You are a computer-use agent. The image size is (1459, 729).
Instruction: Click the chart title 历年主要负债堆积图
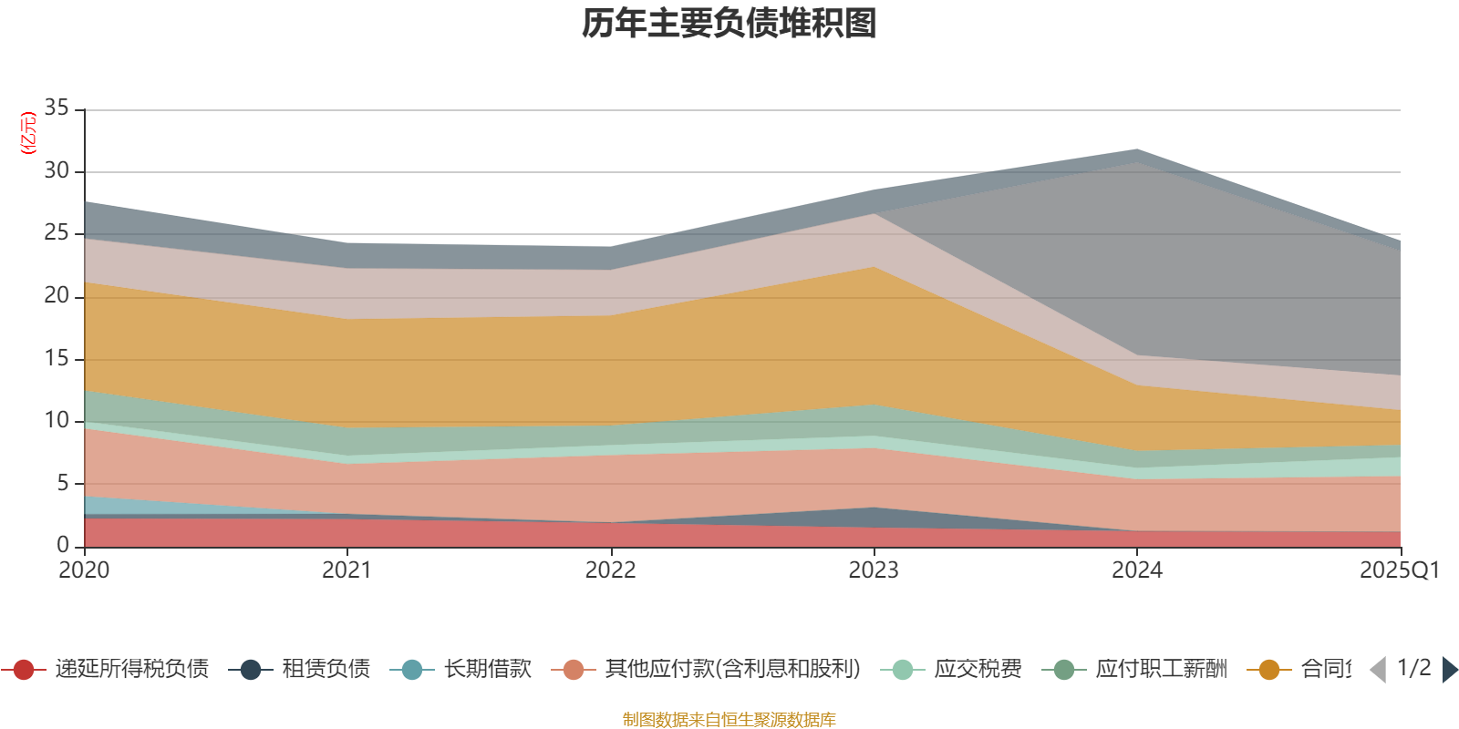click(x=729, y=24)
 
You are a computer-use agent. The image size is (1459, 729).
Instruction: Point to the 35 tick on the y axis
click(x=57, y=108)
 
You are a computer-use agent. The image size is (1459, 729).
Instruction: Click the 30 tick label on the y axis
click(x=57, y=171)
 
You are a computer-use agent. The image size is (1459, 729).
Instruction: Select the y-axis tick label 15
click(x=57, y=358)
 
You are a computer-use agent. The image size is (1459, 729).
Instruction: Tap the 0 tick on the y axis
click(x=62, y=545)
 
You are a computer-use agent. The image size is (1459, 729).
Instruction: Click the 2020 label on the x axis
click(x=84, y=570)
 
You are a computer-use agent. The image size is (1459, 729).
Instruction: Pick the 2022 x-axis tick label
click(x=610, y=570)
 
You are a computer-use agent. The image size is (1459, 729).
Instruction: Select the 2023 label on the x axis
click(x=874, y=570)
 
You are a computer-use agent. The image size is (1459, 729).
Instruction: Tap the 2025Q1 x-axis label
click(x=1399, y=570)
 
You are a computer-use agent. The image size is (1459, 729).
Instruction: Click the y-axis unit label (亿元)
click(x=28, y=133)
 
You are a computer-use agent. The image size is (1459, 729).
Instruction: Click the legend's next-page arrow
click(x=1450, y=670)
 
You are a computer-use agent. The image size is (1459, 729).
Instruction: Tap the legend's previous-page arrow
click(x=1378, y=670)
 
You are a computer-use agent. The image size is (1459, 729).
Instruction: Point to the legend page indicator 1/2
click(x=1413, y=668)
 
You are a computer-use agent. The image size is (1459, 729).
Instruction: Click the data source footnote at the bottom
click(x=729, y=720)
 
